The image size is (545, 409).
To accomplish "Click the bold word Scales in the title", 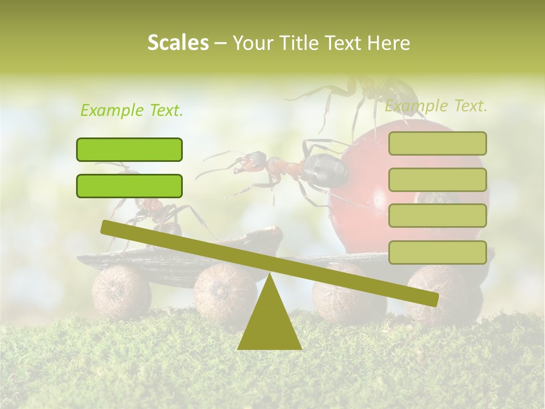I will tap(178, 43).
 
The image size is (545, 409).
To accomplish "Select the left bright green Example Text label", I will tap(132, 110).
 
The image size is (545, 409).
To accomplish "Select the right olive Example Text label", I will tap(436, 106).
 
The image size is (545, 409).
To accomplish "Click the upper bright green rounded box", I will tap(129, 149).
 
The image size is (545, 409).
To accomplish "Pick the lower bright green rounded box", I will tap(129, 186).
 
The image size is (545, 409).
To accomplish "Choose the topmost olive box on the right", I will tap(437, 143).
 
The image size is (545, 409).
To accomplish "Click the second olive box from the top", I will tap(437, 180).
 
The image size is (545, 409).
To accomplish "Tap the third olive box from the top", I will tap(437, 216).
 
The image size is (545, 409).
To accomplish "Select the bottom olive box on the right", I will tap(437, 252).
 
